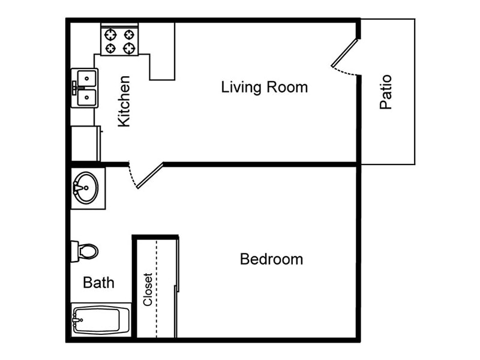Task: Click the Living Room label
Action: tap(264, 87)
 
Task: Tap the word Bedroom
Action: tap(271, 259)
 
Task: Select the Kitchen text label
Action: tap(124, 101)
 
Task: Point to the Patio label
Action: tap(386, 92)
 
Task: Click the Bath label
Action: tap(98, 282)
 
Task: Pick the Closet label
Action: tap(148, 290)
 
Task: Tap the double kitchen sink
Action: tap(85, 88)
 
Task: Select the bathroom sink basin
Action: tap(86, 187)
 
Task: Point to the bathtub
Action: tap(101, 320)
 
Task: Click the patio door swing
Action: tap(344, 56)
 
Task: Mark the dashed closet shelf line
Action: tap(157, 288)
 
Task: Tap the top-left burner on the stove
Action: tap(110, 34)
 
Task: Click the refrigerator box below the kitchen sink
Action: tap(85, 143)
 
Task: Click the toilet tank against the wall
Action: tap(74, 251)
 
